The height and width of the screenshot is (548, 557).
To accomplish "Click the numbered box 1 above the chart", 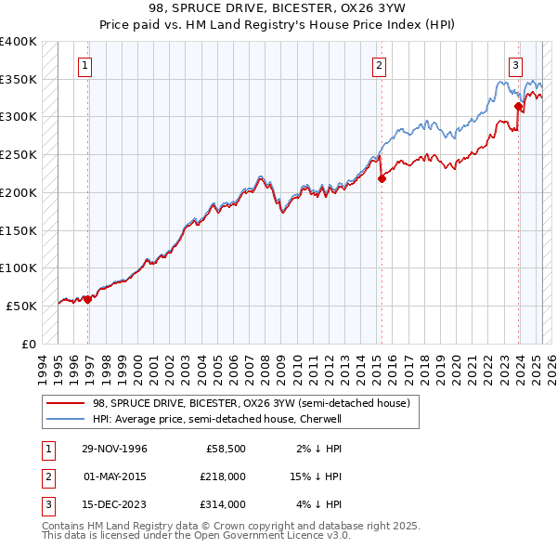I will click(84, 65).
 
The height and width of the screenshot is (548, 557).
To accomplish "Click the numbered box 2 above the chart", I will click(381, 65).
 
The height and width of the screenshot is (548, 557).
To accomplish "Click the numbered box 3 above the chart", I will click(514, 65).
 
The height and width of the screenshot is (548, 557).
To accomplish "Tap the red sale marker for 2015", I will click(382, 179).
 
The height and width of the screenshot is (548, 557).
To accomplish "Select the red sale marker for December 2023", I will click(518, 107).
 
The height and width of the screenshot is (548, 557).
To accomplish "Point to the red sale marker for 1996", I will click(87, 299).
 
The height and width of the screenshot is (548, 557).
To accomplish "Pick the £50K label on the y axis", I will click(21, 306).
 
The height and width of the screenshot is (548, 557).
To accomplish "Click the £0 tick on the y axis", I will click(29, 344).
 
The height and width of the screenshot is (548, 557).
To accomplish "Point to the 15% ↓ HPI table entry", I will click(316, 476).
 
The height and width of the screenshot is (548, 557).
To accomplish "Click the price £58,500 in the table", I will click(224, 448).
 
